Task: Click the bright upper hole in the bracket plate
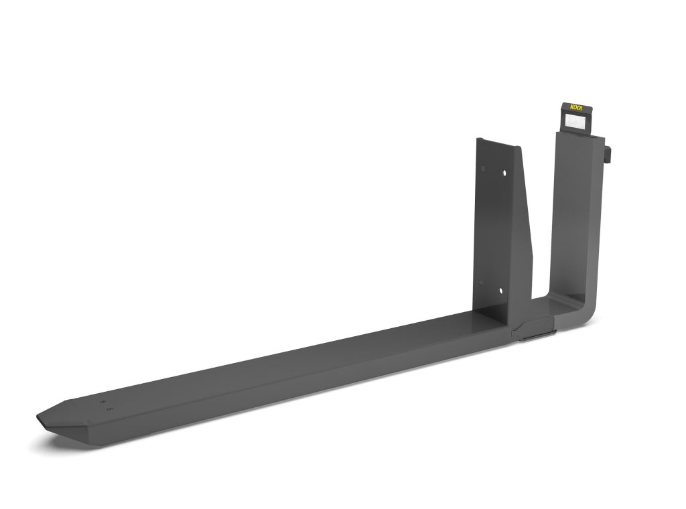coord(502,173)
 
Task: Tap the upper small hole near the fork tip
coord(102,403)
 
